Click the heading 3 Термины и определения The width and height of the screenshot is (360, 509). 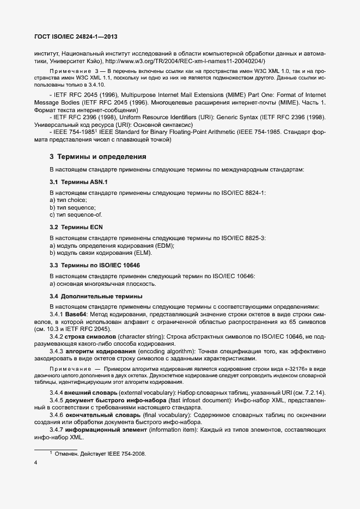[x=98, y=157]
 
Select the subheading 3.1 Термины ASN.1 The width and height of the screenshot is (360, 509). [x=82, y=181]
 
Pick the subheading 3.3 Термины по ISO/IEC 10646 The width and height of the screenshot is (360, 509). [x=96, y=265]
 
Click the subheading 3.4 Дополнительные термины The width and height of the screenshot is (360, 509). [x=96, y=296]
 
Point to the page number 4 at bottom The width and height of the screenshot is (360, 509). [x=36, y=464]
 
